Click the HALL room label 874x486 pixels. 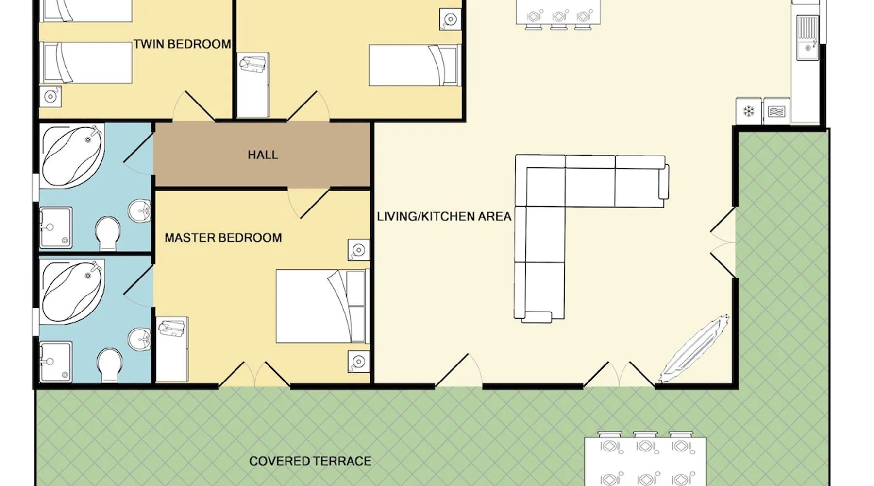coord(263,155)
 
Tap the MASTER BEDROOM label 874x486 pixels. coord(223,238)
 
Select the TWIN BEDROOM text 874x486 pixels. coord(182,44)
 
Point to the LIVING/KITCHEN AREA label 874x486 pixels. coord(444,216)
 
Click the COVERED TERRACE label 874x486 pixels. coord(310,461)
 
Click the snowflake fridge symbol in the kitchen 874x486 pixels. coord(748,111)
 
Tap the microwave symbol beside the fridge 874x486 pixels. coord(776,111)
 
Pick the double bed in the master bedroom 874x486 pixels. coord(320,306)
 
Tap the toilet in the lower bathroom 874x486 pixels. coord(109,365)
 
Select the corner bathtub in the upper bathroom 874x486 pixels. coord(73,156)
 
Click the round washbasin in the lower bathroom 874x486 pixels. coord(140,339)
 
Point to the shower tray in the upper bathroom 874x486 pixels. coord(56,227)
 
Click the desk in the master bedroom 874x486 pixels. coord(172,349)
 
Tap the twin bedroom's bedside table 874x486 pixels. coord(50,96)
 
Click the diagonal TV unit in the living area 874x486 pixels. coord(694,348)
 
